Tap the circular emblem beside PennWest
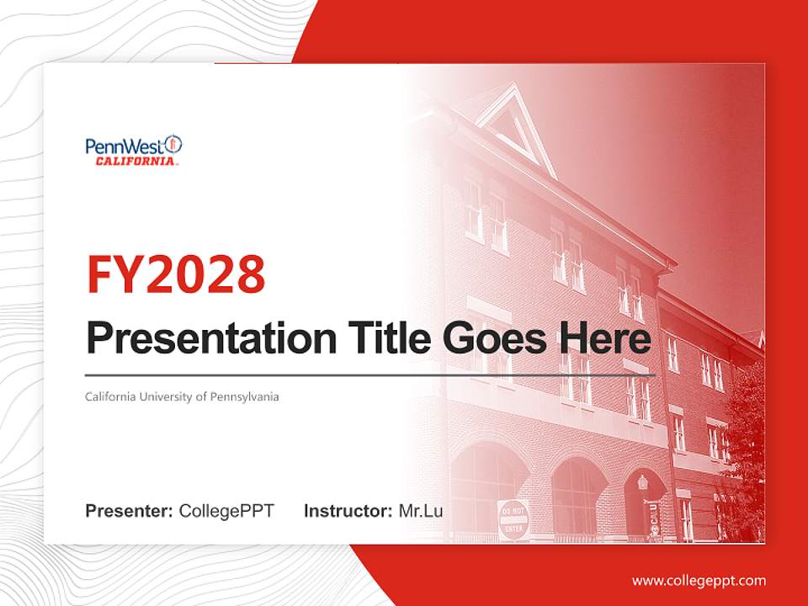click(173, 145)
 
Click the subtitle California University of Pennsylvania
click(182, 396)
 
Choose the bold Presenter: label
click(130, 511)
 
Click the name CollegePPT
click(226, 511)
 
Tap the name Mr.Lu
click(421, 511)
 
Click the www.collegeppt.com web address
click(699, 580)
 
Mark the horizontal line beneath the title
click(370, 375)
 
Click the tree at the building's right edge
click(745, 446)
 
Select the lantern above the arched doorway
click(643, 482)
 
